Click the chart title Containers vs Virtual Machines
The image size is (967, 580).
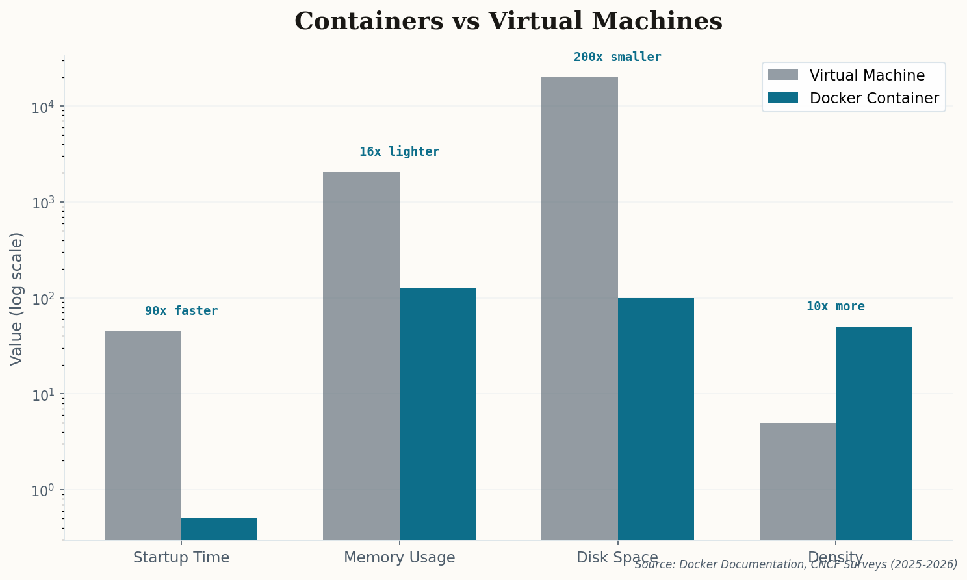[508, 21]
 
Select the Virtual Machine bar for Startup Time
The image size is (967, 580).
[143, 435]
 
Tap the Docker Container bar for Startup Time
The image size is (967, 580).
[219, 529]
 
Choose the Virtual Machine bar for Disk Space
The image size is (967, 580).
[580, 309]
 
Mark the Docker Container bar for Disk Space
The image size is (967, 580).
[656, 419]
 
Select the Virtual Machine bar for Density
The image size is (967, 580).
[797, 481]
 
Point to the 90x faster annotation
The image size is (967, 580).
[181, 311]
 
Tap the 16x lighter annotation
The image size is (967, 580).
[399, 152]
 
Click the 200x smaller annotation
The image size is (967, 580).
[617, 57]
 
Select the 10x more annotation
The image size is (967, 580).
[836, 307]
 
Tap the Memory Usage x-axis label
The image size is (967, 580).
[399, 557]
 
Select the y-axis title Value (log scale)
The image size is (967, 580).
[16, 299]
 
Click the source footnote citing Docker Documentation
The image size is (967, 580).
[795, 565]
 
